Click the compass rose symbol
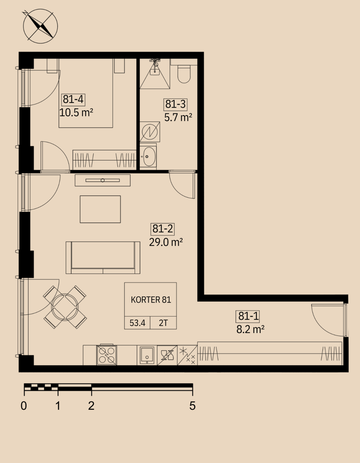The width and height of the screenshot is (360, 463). tap(40, 26)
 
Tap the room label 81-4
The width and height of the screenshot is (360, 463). tap(73, 99)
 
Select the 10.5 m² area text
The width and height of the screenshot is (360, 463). tap(76, 112)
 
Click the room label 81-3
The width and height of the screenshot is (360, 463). tap(175, 104)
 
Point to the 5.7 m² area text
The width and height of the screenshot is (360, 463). tap(178, 117)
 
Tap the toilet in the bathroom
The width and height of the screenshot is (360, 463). tap(184, 74)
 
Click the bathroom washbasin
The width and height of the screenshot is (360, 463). tap(149, 156)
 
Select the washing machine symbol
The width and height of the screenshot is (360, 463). tap(150, 132)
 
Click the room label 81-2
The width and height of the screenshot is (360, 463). tap(163, 229)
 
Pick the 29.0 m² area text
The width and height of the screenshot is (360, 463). tap(166, 242)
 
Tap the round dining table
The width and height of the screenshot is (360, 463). tap(65, 307)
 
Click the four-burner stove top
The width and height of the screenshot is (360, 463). tap(106, 355)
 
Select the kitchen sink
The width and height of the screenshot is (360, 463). tap(147, 355)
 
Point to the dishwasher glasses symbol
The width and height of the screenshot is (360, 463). tap(167, 355)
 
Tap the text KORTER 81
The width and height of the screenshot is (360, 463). tap(151, 300)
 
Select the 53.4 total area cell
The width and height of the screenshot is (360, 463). tap(137, 323)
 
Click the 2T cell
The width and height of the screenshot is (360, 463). tap(163, 323)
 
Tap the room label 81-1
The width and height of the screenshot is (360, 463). tap(248, 316)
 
